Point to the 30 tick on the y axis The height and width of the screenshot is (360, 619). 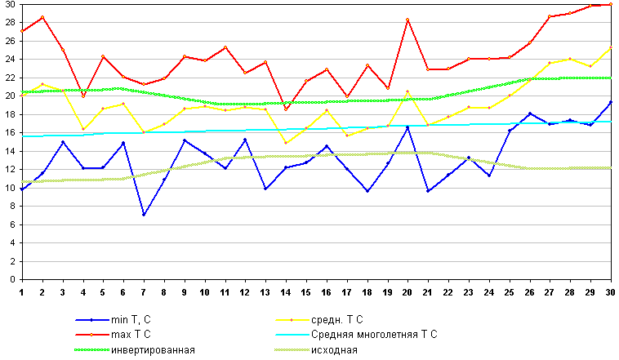[9, 4]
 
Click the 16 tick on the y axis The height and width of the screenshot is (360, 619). [9, 133]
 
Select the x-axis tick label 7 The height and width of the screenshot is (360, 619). [144, 291]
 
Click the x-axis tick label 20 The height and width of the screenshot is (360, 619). [407, 291]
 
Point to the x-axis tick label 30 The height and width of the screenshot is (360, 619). [610, 291]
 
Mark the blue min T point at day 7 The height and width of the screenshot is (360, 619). [144, 215]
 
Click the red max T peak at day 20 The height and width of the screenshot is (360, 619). [407, 20]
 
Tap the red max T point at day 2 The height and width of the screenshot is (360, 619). [42, 17]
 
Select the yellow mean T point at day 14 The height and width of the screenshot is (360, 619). [285, 143]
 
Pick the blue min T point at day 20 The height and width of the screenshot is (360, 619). [407, 127]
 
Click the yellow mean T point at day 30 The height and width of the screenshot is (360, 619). [610, 47]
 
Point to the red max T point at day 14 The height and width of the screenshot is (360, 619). [285, 109]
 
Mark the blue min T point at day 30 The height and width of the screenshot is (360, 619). [610, 102]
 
